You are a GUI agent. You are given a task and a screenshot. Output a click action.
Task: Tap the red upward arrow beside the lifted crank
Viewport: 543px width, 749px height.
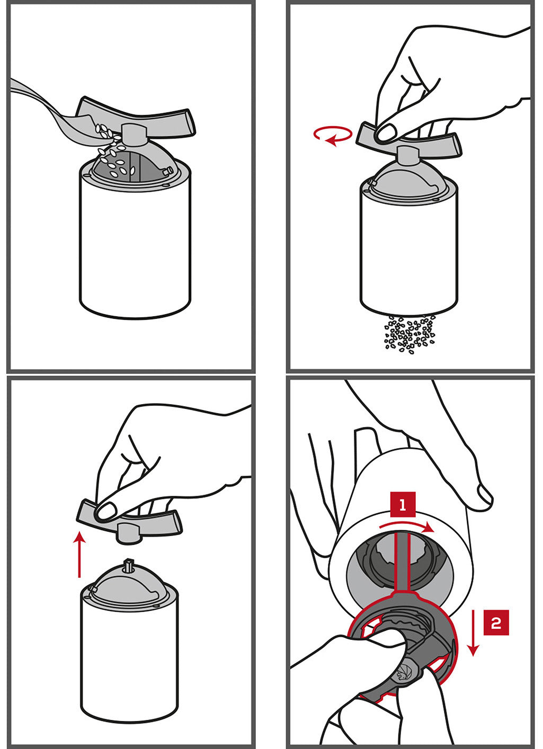point(79,555)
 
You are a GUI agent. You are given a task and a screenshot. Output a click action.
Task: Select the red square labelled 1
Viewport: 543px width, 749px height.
point(403,505)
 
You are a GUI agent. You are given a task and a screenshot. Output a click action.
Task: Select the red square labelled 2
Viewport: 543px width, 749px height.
point(496,622)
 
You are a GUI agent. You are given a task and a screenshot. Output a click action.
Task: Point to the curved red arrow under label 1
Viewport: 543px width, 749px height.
point(406,527)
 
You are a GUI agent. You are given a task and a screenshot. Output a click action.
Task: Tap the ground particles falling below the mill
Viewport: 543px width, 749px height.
point(410,333)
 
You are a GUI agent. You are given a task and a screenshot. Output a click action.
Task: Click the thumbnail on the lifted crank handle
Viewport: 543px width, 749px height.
point(106,511)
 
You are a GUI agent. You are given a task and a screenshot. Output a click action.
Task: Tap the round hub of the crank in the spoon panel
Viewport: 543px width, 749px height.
point(133,135)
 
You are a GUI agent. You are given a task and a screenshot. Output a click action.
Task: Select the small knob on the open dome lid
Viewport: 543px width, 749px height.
point(168,171)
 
